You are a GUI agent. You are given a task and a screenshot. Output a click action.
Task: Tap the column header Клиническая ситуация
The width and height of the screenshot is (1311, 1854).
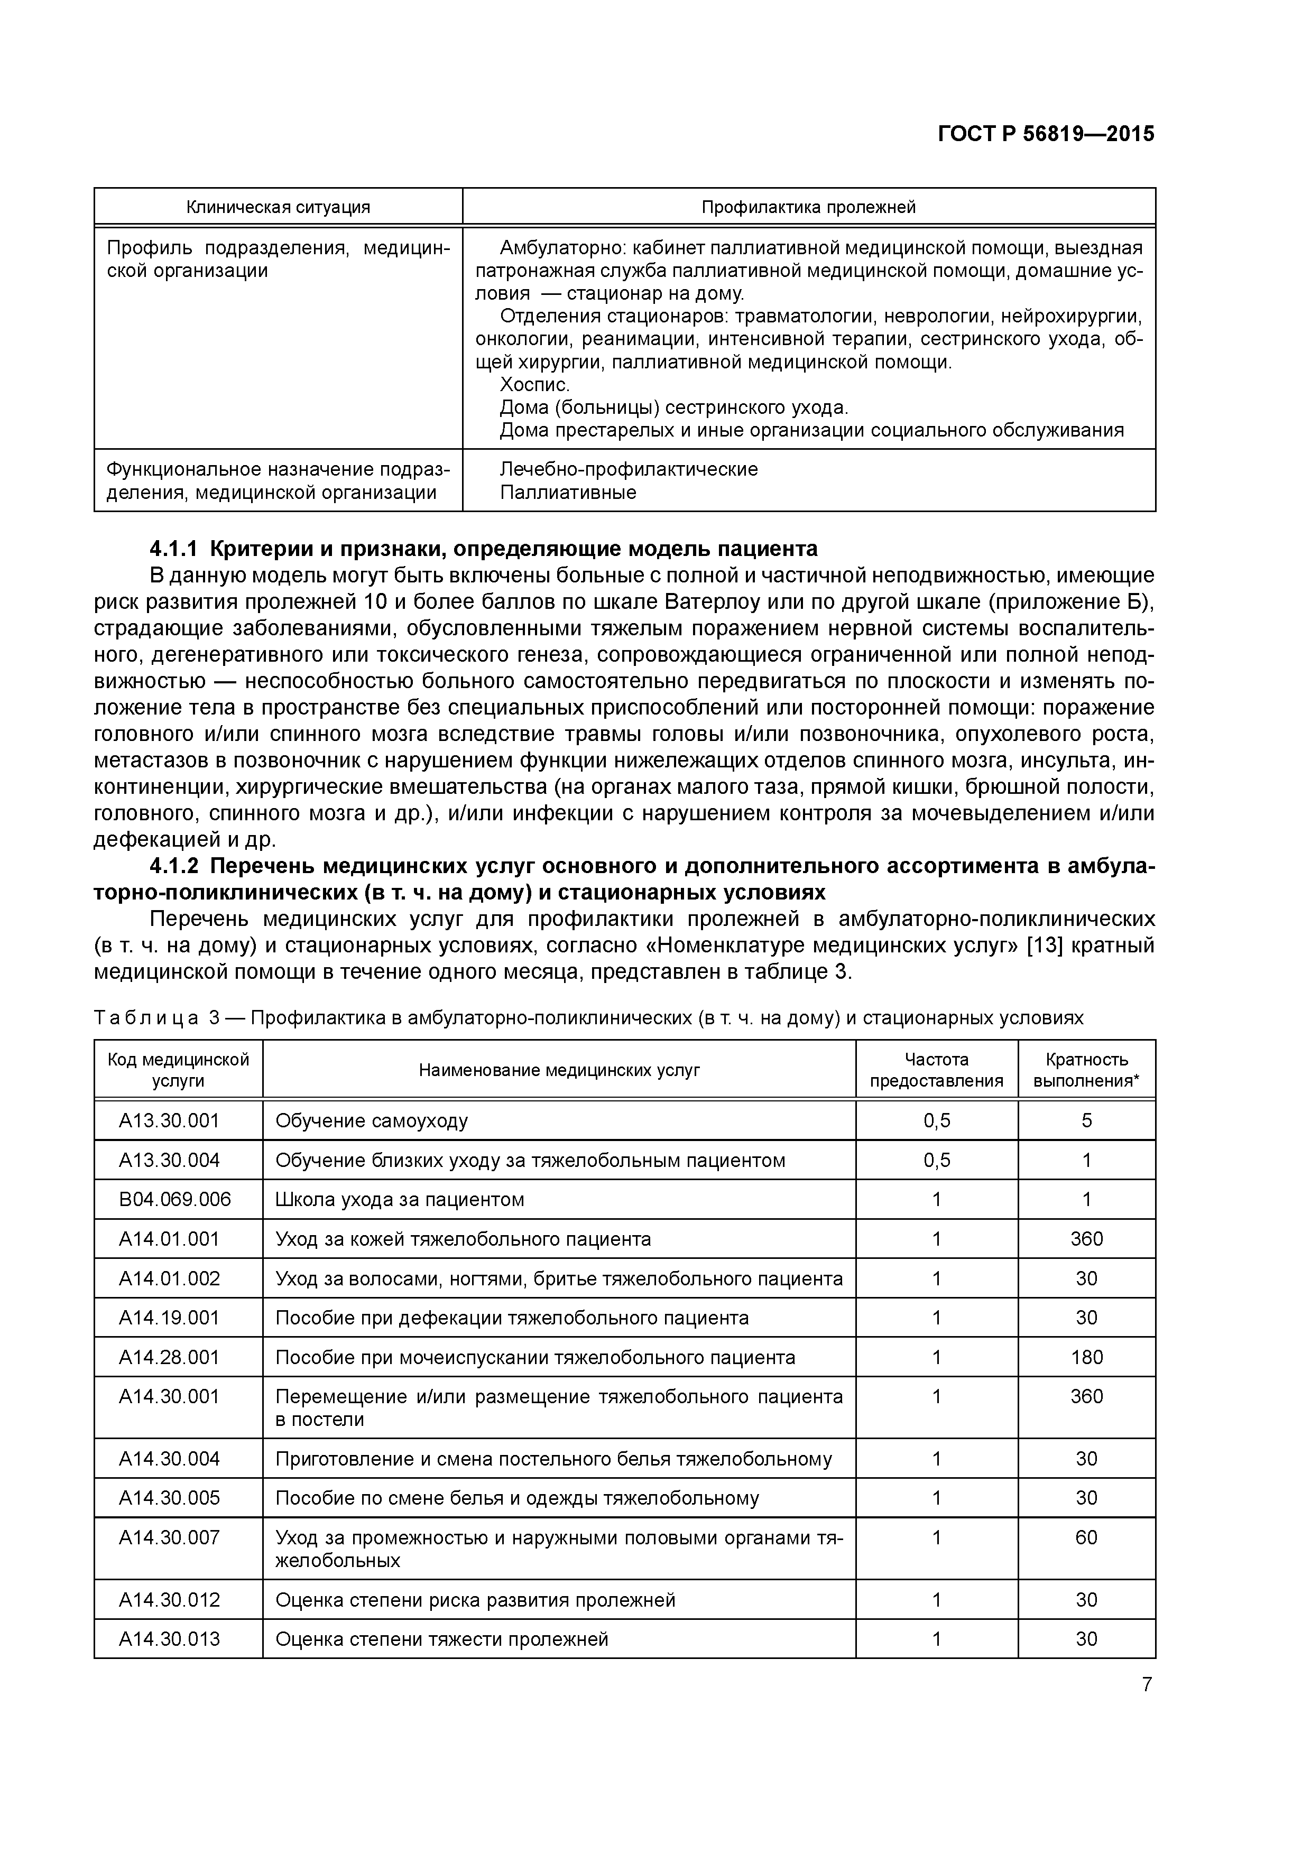[278, 207]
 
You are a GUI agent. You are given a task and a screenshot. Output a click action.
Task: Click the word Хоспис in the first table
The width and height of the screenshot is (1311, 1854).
[534, 384]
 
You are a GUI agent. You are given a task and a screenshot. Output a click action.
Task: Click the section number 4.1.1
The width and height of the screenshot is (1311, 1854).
[174, 549]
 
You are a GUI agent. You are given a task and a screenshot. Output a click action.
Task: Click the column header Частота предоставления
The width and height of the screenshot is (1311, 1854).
[936, 1070]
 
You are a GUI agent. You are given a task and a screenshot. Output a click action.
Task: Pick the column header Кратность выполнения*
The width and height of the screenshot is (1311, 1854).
[1086, 1070]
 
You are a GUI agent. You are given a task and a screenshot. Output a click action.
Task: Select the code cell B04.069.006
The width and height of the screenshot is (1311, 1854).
[174, 1199]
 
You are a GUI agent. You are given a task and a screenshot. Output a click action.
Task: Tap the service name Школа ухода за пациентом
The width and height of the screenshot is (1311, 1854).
[399, 1199]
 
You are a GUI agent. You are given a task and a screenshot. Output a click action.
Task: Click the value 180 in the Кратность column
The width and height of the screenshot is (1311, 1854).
[1086, 1357]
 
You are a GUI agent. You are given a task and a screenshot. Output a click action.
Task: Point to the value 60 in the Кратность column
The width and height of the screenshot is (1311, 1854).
[1086, 1537]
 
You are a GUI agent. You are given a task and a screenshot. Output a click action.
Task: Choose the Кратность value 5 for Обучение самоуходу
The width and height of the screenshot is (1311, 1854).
[1086, 1121]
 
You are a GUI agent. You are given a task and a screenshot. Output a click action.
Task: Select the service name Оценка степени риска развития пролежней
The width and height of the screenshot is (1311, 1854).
[475, 1600]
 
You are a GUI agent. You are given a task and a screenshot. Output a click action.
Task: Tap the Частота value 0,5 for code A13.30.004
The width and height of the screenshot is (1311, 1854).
[936, 1161]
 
